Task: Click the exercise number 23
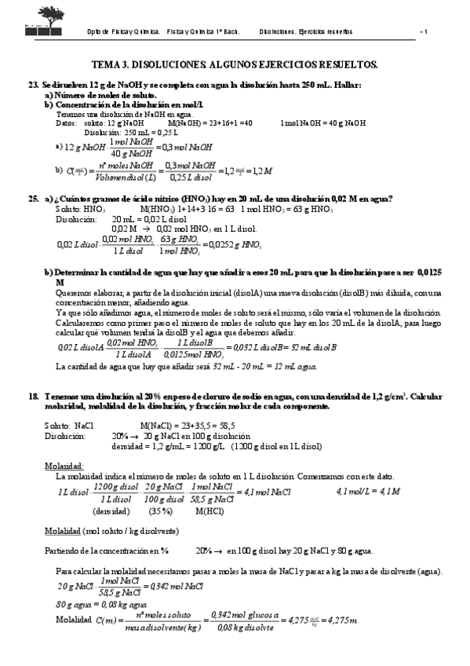click(33, 84)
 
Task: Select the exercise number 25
click(33, 199)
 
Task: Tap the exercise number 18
click(33, 397)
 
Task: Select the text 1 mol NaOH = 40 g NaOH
click(322, 123)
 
